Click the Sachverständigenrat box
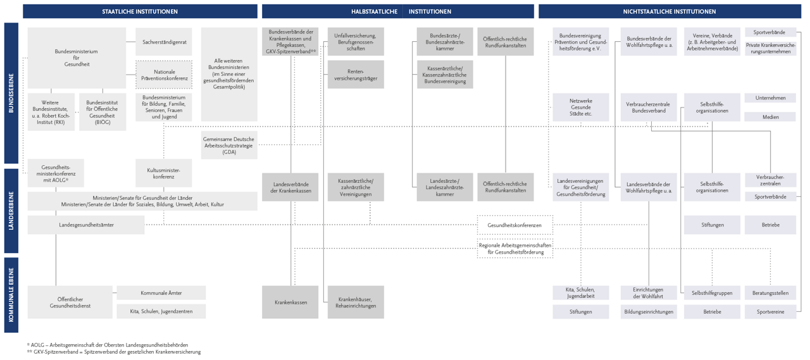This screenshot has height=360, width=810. coord(164,42)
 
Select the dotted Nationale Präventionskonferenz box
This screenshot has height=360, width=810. coord(164,75)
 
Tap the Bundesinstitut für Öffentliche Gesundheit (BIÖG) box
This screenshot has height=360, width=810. coord(103,112)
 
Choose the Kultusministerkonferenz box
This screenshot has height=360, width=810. coord(164,173)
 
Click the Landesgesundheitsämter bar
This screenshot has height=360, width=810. coord(86,225)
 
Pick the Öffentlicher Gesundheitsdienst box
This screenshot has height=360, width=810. coord(70,302)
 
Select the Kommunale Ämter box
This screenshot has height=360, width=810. coord(161,293)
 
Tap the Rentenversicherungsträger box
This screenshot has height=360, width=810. coord(356,75)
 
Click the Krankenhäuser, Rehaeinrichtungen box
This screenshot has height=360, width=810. coord(356,302)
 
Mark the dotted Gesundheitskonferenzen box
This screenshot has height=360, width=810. coord(514,225)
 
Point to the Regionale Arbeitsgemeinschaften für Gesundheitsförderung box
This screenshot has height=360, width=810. coord(514,249)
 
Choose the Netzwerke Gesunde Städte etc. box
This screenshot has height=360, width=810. coord(580,107)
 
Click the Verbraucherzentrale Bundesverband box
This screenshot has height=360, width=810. coord(649,107)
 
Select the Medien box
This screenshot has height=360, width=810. coord(770,117)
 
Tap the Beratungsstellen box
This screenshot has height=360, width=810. coord(770,293)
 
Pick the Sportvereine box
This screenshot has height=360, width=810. coord(770,312)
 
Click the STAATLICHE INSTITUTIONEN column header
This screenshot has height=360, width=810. coord(140,11)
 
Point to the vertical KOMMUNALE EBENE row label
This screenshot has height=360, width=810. coord(11,295)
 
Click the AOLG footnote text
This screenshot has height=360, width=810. coord(108,345)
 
